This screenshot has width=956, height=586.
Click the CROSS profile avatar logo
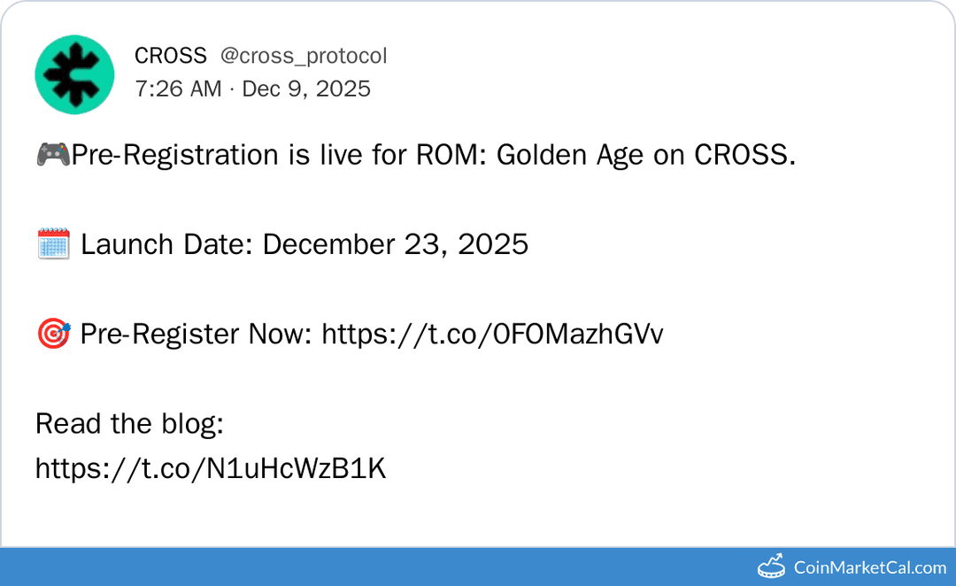[74, 74]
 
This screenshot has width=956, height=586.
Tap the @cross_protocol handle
[303, 56]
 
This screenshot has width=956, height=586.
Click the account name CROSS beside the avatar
[170, 56]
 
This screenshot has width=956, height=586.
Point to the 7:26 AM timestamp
[178, 89]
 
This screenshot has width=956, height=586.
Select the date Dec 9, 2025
[306, 89]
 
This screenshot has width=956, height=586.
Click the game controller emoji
[52, 154]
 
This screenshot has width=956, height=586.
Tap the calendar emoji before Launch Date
[53, 243]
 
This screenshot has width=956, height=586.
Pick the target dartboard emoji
[53, 334]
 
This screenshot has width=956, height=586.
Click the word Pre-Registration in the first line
[175, 155]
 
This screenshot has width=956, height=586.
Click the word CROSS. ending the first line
[744, 155]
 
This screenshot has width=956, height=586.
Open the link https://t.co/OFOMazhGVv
[492, 334]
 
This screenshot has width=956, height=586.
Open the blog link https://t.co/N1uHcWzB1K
[211, 468]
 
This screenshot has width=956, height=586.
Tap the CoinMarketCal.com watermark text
[870, 567]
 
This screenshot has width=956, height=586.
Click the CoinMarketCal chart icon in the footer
[772, 566]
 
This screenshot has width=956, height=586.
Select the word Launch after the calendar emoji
[121, 243]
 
